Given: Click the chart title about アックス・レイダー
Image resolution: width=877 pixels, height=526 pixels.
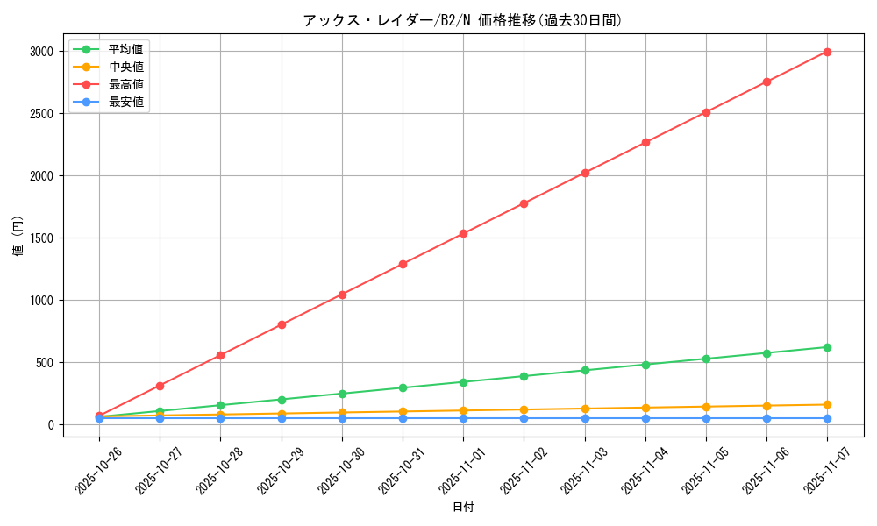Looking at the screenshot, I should [x=462, y=20].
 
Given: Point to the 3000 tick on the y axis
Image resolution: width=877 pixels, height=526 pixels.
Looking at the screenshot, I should [x=42, y=52].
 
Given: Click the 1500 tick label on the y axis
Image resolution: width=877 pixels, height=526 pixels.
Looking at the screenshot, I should [x=42, y=238].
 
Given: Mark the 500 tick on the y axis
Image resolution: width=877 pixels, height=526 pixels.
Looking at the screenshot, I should [x=46, y=363].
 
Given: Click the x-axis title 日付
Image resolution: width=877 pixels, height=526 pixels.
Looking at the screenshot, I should [x=463, y=508].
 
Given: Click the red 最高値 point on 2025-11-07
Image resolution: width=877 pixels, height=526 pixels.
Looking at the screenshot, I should [x=827, y=52].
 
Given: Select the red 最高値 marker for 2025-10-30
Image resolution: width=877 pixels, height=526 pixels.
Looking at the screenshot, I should [x=342, y=295].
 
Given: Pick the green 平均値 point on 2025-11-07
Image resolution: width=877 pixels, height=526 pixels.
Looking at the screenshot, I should [x=827, y=347].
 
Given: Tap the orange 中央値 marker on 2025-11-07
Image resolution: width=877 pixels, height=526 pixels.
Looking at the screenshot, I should [x=827, y=404].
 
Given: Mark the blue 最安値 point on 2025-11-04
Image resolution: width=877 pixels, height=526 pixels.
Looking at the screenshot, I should [x=645, y=418].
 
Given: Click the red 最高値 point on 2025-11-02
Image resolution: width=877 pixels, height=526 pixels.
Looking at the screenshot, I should [x=524, y=203].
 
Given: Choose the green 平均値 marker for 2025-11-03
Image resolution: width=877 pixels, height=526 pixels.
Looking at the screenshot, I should [x=585, y=370].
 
